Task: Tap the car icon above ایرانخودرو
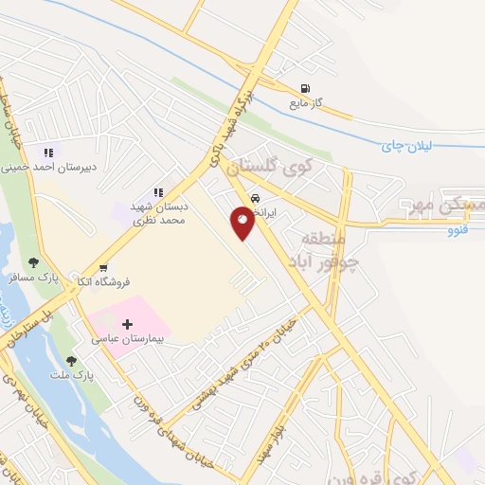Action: [x=257, y=198]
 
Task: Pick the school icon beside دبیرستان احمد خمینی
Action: [x=47, y=152]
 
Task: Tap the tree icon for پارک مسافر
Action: [x=34, y=262]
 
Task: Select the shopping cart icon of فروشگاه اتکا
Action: [x=102, y=267]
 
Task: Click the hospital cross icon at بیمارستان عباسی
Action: [x=128, y=324]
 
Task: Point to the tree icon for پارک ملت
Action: [x=71, y=361]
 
